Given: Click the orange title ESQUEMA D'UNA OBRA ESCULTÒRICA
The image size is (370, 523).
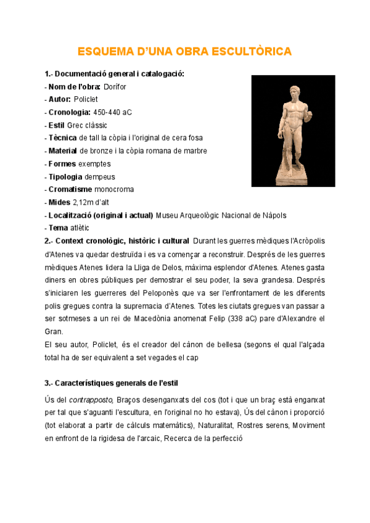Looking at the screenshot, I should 184,51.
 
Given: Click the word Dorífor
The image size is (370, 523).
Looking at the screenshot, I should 115,87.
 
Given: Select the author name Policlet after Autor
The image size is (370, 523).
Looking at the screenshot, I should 86,99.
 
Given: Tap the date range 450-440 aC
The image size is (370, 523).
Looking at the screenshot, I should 112,112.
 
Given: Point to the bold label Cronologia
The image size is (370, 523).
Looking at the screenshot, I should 69,112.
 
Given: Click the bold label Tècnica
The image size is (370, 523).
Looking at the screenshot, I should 63,138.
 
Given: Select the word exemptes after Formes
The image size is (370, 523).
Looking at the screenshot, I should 94,163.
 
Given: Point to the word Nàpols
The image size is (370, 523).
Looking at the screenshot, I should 273,215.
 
